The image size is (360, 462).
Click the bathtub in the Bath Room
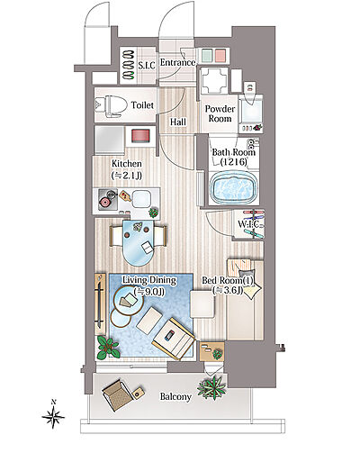(234, 186)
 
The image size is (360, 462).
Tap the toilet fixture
(109, 105)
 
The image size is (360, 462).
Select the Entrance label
(177, 62)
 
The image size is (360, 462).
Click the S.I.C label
(147, 65)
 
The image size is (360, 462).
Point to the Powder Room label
(220, 113)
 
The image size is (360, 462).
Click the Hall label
(178, 122)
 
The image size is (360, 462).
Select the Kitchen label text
(127, 164)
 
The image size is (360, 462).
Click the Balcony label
(175, 396)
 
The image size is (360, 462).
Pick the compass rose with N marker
(53, 415)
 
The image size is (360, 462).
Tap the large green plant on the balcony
(211, 387)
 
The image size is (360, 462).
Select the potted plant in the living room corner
(108, 348)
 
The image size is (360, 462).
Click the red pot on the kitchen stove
(105, 203)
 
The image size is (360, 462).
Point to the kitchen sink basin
(141, 199)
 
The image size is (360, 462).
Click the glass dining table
(139, 242)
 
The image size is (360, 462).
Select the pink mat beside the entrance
(220, 55)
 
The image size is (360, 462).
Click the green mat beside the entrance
(207, 55)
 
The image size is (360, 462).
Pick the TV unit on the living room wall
(100, 304)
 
